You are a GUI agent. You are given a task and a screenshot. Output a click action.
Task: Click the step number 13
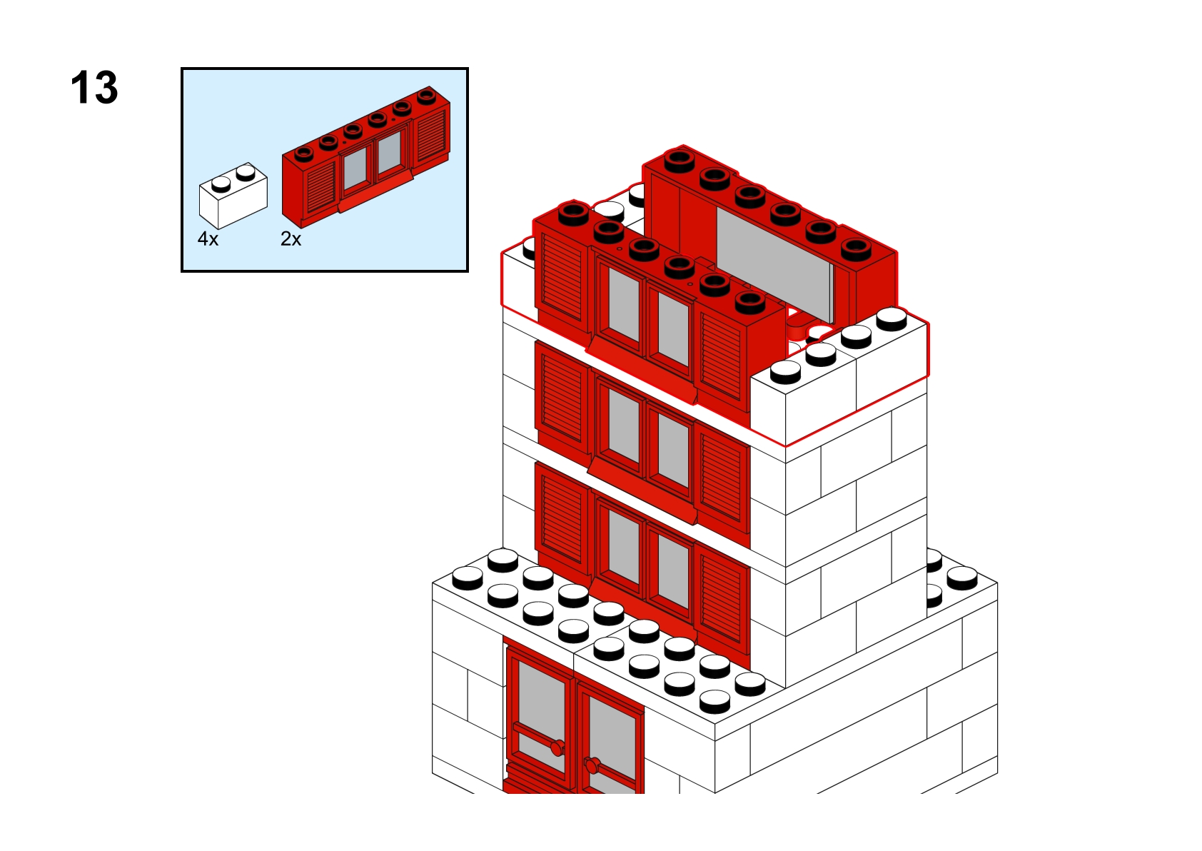pyautogui.click(x=94, y=87)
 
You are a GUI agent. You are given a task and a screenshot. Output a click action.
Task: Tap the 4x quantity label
pyautogui.click(x=208, y=238)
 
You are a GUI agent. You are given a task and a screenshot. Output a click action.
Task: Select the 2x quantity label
pyautogui.click(x=291, y=238)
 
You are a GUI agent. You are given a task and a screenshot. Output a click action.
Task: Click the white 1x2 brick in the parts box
pyautogui.click(x=233, y=196)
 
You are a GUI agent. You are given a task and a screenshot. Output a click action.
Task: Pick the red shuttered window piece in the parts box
pyautogui.click(x=366, y=156)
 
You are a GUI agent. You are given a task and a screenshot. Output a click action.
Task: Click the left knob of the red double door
pyautogui.click(x=557, y=747)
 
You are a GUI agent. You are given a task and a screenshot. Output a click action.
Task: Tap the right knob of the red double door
pyautogui.click(x=592, y=765)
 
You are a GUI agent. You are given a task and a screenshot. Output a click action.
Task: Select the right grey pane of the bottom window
pyautogui.click(x=673, y=571)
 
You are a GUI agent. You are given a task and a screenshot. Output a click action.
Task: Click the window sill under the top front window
pyautogui.click(x=641, y=371)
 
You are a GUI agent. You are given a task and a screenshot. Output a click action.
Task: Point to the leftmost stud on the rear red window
pyautogui.click(x=680, y=161)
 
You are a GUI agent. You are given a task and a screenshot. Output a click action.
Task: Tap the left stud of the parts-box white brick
pyautogui.click(x=221, y=184)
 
